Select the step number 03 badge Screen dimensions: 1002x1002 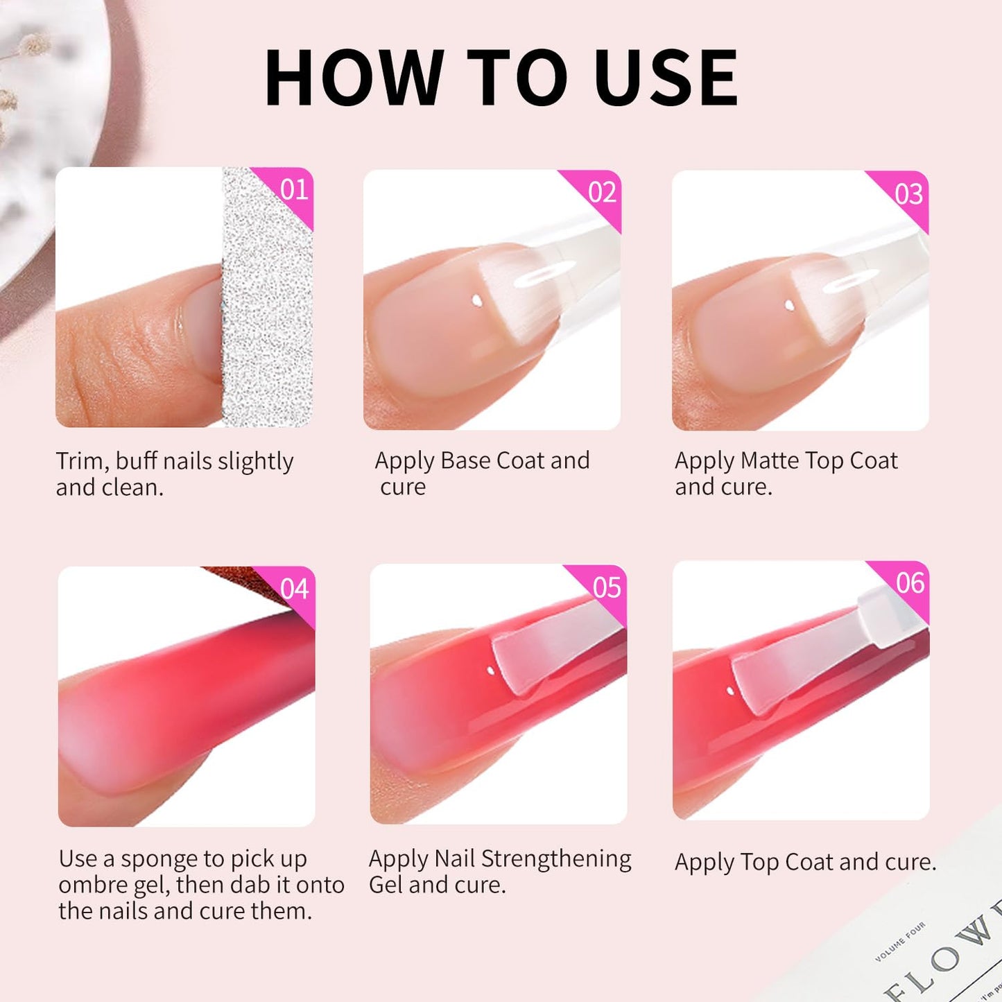pos(908,194)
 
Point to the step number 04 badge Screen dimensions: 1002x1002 pos(295,589)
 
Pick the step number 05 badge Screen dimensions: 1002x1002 pos(607,588)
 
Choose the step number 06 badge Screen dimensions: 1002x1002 pos(910,583)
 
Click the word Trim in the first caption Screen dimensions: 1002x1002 pos(82,461)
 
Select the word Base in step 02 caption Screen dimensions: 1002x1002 pos(465,460)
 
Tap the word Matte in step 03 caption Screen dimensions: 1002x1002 pos(770,460)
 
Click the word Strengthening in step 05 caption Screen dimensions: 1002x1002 pos(556,858)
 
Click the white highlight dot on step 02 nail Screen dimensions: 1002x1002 pos(477,301)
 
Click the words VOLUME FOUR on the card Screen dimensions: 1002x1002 pos(899,942)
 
